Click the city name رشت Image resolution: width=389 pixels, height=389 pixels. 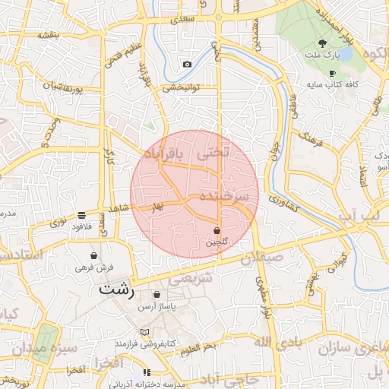tap(116, 289)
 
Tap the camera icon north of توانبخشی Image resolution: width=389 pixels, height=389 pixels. tap(187, 65)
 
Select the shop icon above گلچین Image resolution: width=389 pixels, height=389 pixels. tap(217, 230)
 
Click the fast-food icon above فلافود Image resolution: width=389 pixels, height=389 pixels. tap(82, 215)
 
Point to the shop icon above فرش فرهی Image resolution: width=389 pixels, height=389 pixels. tap(94, 256)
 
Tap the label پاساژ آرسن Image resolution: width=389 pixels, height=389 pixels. tap(157, 307)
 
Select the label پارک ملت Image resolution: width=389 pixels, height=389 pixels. tap(322, 55)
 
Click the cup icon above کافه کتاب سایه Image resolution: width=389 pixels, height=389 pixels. tap(332, 73)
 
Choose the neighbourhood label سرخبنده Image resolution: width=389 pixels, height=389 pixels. tap(224, 196)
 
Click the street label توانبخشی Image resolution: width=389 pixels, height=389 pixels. tap(181, 87)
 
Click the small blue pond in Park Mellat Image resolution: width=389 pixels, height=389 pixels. tap(346, 55)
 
